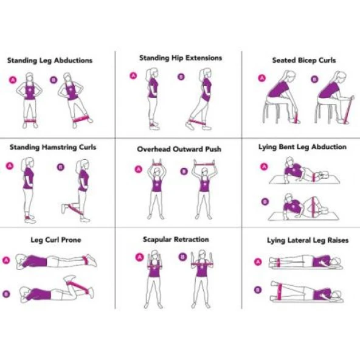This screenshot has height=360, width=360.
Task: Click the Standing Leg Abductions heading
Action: pyautogui.click(x=50, y=61)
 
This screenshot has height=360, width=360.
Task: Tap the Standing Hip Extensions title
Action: pyautogui.click(x=180, y=58)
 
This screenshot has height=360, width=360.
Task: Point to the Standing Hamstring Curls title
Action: pyautogui.click(x=52, y=147)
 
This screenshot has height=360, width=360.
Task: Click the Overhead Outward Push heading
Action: pyautogui.click(x=179, y=149)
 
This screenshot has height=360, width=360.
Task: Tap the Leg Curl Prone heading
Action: pyautogui.click(x=55, y=240)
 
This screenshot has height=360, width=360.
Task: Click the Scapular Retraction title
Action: pyautogui.click(x=176, y=240)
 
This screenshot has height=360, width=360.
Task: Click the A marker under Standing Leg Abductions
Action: pyautogui.click(x=12, y=80)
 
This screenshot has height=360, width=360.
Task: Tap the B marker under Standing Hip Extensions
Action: pyautogui.click(x=181, y=77)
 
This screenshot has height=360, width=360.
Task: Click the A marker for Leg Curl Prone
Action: pyautogui.click(x=7, y=260)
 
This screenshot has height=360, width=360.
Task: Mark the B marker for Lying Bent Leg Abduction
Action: pyautogui.click(x=264, y=201)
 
